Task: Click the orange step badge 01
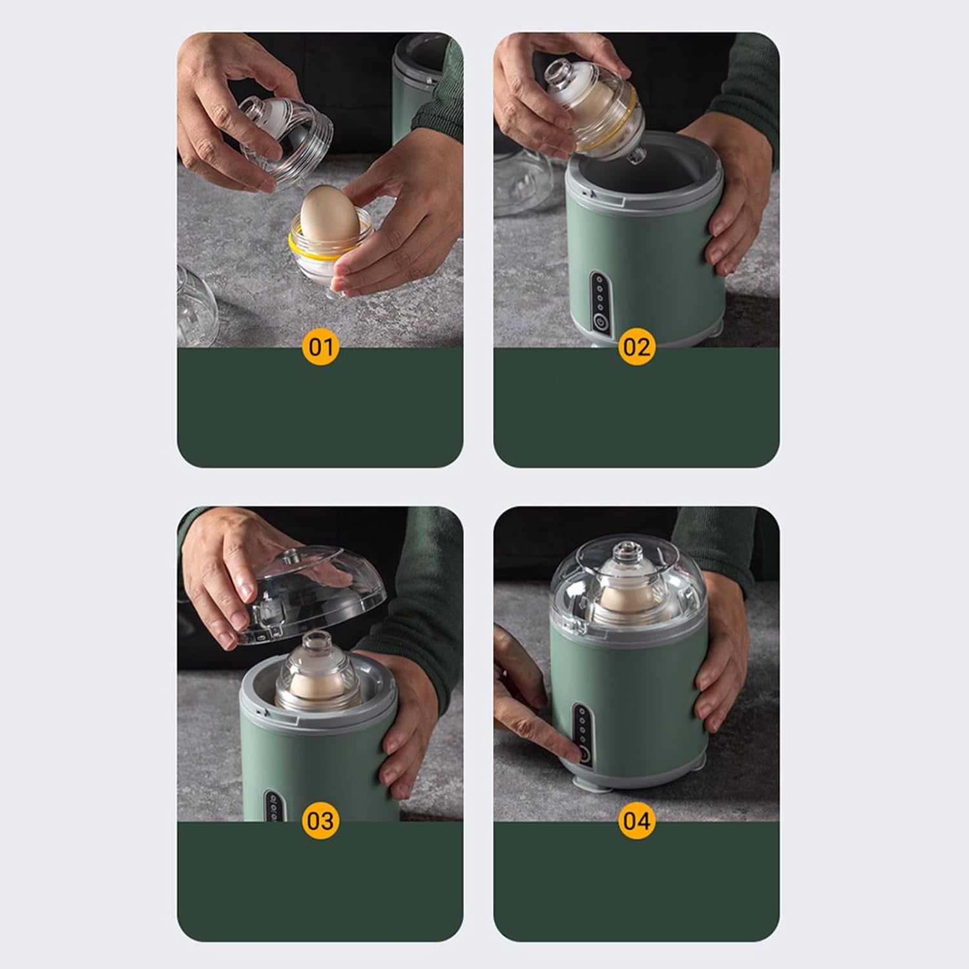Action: point(320,348)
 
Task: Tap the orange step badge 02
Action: point(636,348)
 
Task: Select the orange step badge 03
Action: point(320,821)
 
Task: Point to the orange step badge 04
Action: point(636,821)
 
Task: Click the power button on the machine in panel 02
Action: point(600,321)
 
